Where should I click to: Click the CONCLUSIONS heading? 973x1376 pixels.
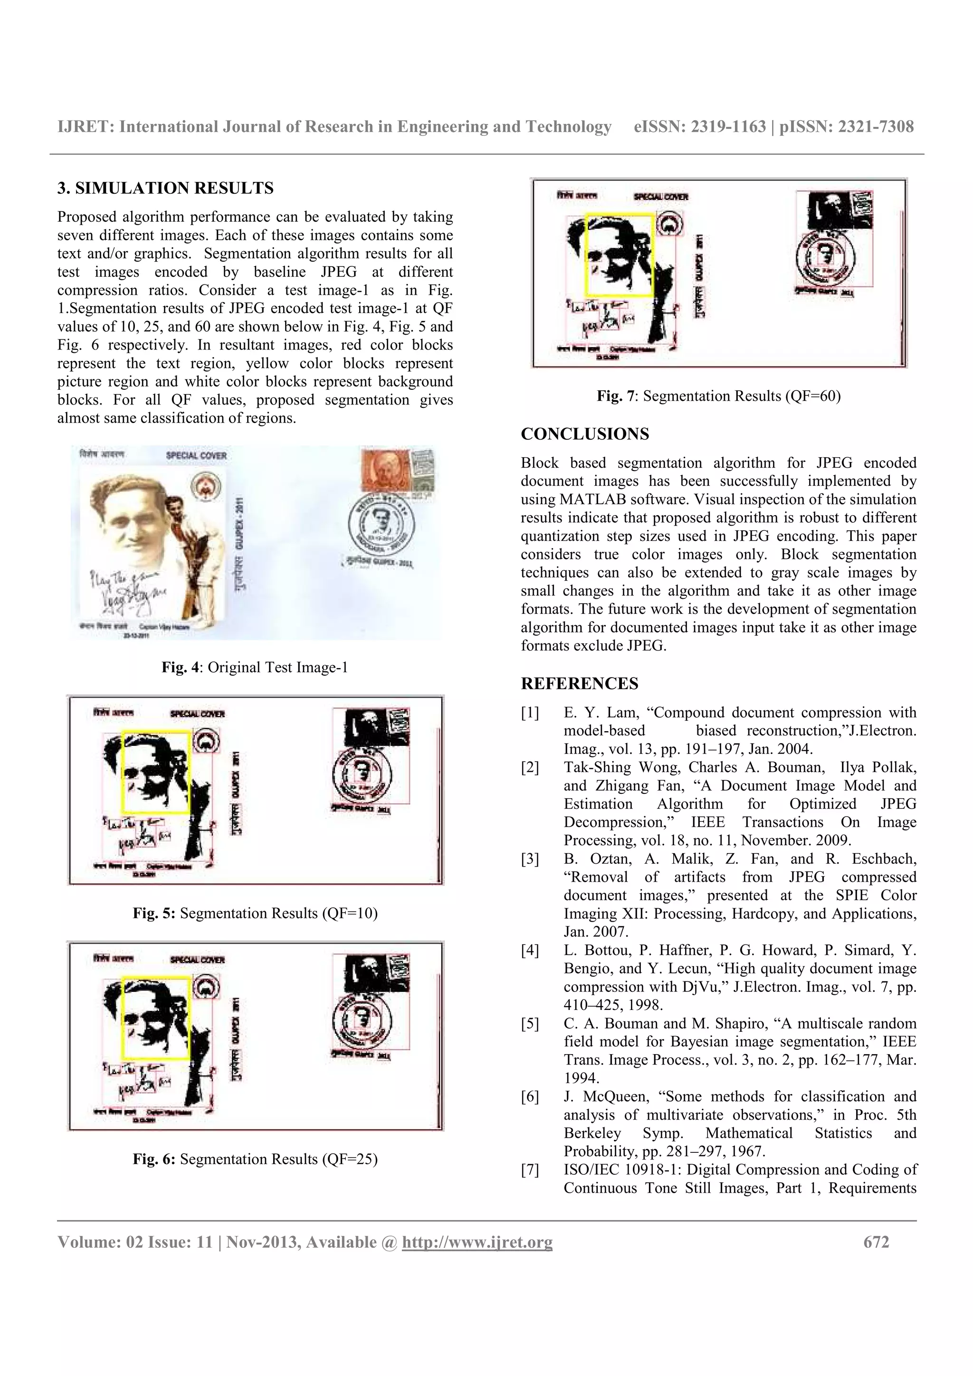click(x=584, y=434)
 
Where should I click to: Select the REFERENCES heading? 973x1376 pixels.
click(x=579, y=683)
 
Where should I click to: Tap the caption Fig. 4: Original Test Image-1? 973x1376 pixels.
click(x=255, y=667)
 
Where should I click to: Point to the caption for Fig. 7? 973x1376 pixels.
click(x=718, y=396)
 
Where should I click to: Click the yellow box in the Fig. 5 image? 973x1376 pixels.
click(x=156, y=772)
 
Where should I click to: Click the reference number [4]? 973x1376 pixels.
click(x=529, y=951)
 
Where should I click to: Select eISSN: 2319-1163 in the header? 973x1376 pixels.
click(x=700, y=126)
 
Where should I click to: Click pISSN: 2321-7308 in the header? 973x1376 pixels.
click(x=846, y=126)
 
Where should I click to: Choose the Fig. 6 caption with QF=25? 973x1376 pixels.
click(x=255, y=1159)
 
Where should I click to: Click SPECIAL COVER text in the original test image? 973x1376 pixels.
click(x=197, y=455)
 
